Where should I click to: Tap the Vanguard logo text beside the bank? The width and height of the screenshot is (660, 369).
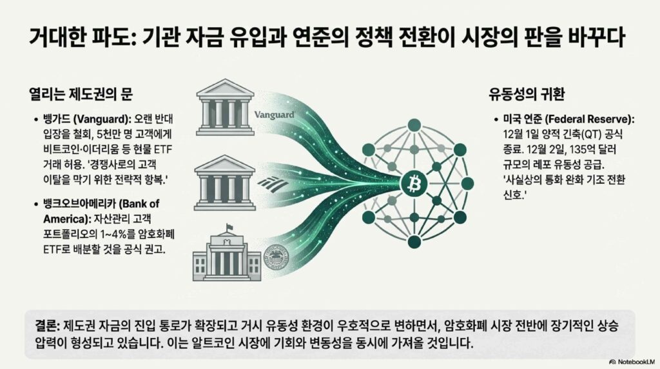point(275,115)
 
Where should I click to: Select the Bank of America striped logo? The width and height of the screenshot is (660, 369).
point(273,183)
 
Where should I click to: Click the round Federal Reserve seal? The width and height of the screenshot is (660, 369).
point(276,257)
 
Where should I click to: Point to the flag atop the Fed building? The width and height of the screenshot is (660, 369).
point(230,226)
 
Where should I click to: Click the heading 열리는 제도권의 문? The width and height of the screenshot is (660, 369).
point(81,94)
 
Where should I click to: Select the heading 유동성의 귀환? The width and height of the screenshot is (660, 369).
point(526,94)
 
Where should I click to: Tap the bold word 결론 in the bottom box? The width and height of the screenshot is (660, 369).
point(46,326)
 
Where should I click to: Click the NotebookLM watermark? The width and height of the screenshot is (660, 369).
point(632,362)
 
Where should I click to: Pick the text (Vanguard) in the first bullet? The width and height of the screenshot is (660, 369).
point(102,119)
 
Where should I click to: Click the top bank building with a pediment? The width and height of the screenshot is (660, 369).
point(225,107)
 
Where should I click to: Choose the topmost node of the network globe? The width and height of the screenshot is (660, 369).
point(414,125)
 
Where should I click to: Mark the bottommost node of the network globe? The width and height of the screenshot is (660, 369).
point(414,242)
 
